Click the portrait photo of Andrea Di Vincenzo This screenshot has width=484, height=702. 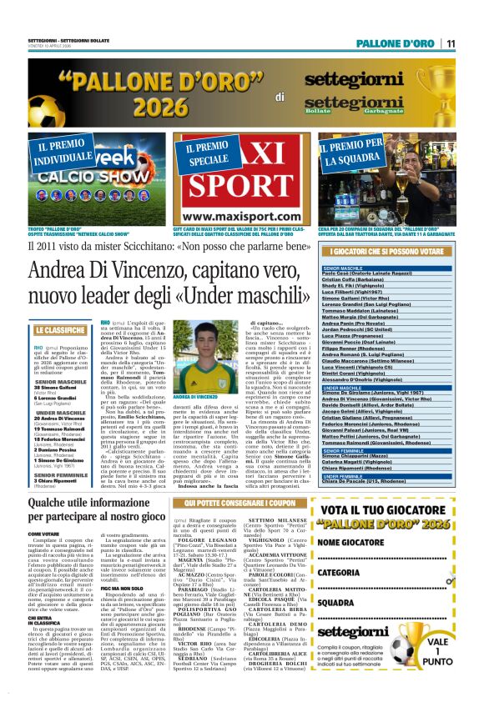click(195, 340)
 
